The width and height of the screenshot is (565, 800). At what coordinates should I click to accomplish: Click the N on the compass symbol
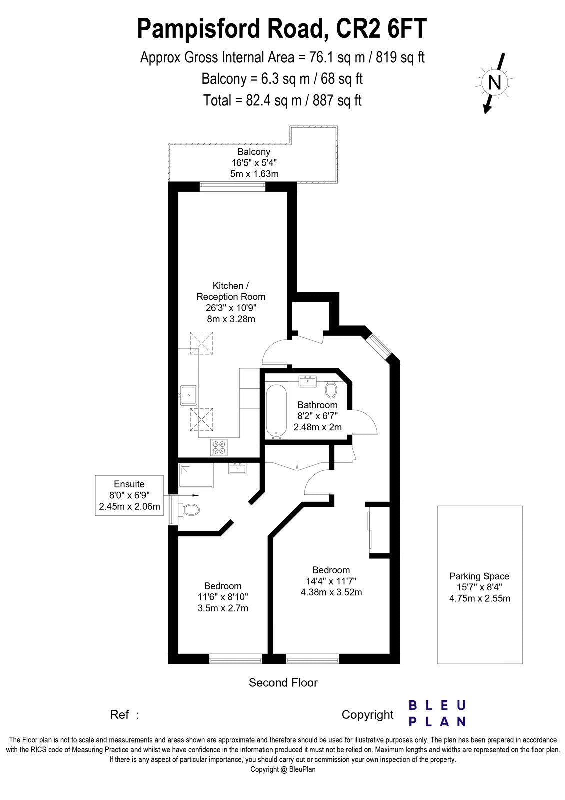pos(494,83)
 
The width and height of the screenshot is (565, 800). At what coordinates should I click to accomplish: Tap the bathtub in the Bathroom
pos(277,411)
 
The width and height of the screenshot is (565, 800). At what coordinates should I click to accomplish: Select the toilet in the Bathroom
pos(331,390)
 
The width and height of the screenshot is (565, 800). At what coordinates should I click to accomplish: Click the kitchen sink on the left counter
pos(188,395)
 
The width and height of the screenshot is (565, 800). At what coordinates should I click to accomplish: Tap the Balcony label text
pos(254,152)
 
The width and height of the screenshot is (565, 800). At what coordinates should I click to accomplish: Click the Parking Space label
pos(479,576)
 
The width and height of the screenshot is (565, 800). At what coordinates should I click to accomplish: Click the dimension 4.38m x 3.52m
pos(331,592)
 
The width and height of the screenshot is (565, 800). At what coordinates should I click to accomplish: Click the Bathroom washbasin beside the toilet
pos(307,381)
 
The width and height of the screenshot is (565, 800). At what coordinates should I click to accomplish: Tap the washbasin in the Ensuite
pos(237,468)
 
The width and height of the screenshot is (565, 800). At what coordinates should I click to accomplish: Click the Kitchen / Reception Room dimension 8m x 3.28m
pos(231,319)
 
